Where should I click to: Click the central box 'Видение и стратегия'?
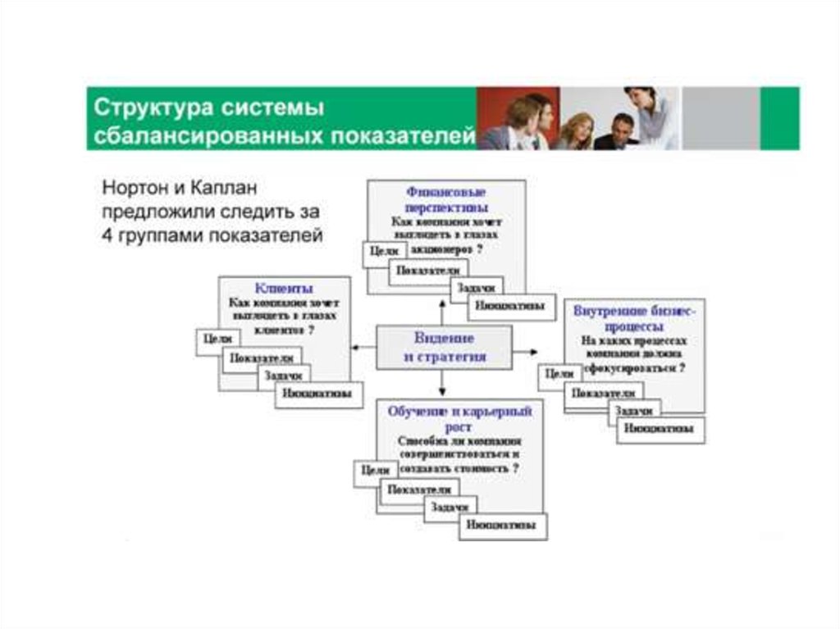click(x=445, y=347)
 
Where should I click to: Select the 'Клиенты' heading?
click(x=283, y=289)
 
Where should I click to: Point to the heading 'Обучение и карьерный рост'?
click(x=459, y=415)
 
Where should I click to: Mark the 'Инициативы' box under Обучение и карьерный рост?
click(x=503, y=525)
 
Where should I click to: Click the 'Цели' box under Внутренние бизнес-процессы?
click(x=560, y=374)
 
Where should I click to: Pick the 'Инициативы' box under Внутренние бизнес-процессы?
click(x=659, y=428)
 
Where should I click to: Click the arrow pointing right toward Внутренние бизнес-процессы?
click(x=526, y=353)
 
